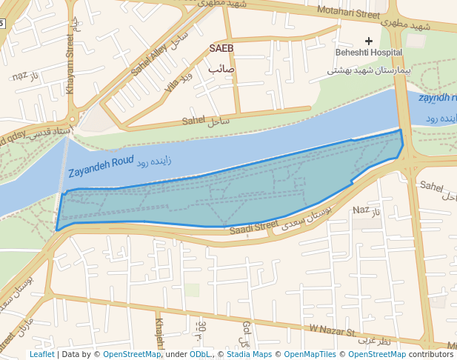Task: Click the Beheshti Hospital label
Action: click(x=368, y=53)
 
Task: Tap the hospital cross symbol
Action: click(x=369, y=41)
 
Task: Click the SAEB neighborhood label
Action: click(x=221, y=48)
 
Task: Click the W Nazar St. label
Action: click(x=333, y=328)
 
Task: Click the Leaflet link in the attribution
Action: click(x=41, y=354)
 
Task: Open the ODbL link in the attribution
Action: click(x=199, y=354)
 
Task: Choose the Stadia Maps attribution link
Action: click(x=249, y=354)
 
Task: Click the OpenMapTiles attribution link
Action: click(x=311, y=354)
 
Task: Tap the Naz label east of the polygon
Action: click(x=361, y=210)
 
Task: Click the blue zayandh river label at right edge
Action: click(x=437, y=98)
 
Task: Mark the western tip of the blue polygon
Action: click(x=57, y=230)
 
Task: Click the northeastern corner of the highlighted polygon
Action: click(x=401, y=130)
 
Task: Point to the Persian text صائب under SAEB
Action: click(x=221, y=68)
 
